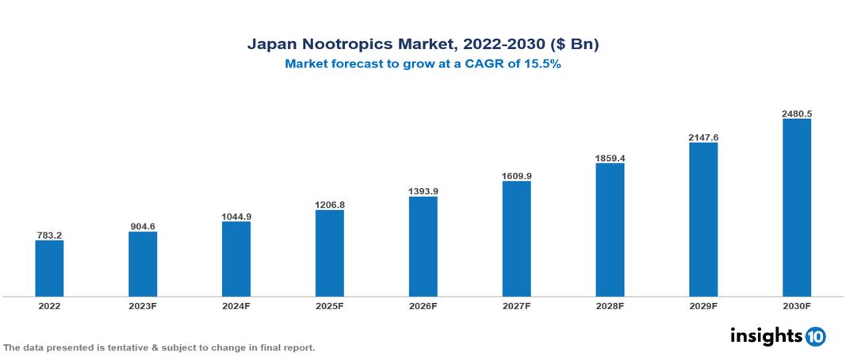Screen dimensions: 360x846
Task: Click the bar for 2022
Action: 49,268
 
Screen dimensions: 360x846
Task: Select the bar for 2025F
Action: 329,253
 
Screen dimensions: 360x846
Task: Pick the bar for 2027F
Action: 516,239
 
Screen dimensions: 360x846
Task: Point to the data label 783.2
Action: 49,236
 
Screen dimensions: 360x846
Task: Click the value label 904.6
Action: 143,227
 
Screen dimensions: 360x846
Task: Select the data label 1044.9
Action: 236,216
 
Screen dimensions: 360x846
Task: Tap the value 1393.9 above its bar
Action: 423,192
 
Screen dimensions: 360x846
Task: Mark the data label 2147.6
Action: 703,137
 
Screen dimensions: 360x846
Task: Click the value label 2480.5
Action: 796,113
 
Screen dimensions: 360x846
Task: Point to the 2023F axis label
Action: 143,305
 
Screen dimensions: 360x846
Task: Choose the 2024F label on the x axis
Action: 236,305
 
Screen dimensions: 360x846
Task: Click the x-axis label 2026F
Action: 423,305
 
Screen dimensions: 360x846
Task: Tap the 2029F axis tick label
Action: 703,305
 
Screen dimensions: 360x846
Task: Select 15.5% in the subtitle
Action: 541,65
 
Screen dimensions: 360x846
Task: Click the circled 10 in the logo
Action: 815,337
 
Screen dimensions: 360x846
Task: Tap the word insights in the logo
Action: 766,335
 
